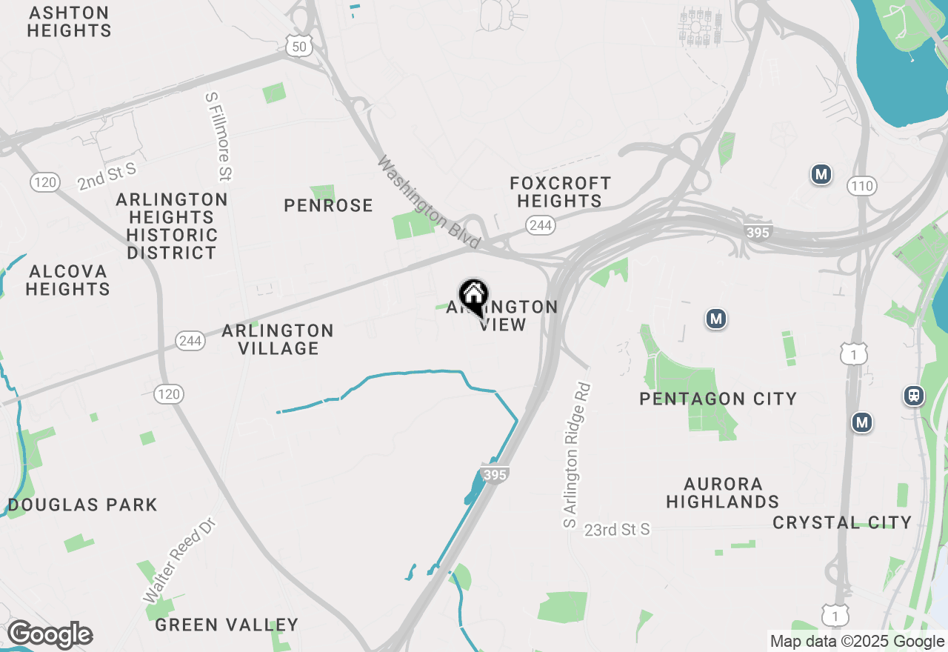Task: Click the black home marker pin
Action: pyautogui.click(x=473, y=297)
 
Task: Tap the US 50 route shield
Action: pyautogui.click(x=298, y=47)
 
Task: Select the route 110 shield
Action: pyautogui.click(x=863, y=186)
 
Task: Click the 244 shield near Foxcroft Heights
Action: pyautogui.click(x=541, y=225)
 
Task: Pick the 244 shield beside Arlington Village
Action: pyautogui.click(x=190, y=341)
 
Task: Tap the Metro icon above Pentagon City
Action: pyautogui.click(x=715, y=319)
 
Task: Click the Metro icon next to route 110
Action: pyautogui.click(x=821, y=175)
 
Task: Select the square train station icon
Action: pyautogui.click(x=915, y=396)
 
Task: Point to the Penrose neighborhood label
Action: pyautogui.click(x=328, y=205)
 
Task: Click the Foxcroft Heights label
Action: pyautogui.click(x=561, y=192)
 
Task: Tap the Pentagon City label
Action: pyautogui.click(x=718, y=399)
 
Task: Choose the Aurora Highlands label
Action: pyautogui.click(x=722, y=493)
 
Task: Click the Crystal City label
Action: pyautogui.click(x=842, y=522)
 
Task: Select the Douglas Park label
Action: pyautogui.click(x=82, y=505)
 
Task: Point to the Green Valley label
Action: pyautogui.click(x=227, y=625)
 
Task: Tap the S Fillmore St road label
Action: pyautogui.click(x=218, y=137)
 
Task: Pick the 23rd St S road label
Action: pyautogui.click(x=616, y=530)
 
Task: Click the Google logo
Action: pyautogui.click(x=50, y=635)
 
